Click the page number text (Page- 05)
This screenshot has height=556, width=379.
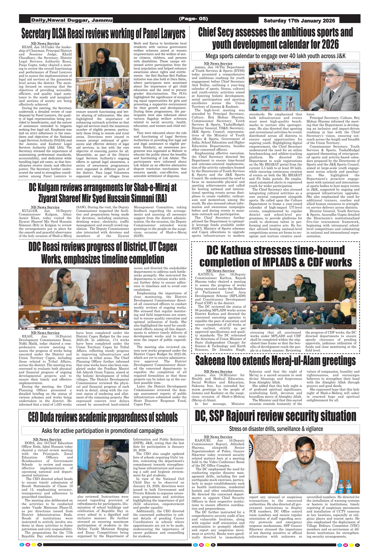(193, 19)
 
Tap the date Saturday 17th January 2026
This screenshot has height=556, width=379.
(299, 21)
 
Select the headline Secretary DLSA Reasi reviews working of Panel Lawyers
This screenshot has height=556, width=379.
(103, 34)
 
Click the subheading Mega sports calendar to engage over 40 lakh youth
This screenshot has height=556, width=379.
(275, 56)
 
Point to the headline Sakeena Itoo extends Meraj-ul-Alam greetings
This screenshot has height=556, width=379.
(275, 361)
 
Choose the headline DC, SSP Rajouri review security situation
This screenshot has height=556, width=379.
(275, 416)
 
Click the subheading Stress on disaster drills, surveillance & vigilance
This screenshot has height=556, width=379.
(276, 429)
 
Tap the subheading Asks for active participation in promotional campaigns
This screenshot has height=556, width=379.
(102, 431)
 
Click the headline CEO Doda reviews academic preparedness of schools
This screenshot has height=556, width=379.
(103, 417)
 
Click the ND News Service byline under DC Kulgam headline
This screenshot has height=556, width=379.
(45, 207)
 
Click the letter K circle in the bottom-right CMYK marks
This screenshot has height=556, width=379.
(357, 545)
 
